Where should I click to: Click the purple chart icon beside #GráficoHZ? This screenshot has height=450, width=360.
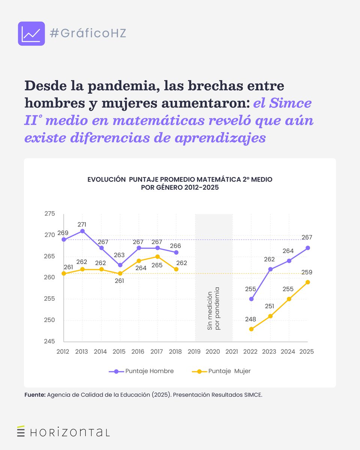(31, 34)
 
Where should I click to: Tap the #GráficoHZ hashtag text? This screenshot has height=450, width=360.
(88, 33)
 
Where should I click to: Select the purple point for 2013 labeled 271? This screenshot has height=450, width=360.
(82, 231)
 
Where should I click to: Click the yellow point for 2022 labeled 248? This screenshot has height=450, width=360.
(251, 329)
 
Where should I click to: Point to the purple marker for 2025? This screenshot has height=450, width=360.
(307, 248)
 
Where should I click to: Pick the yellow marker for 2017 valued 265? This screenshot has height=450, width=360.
(157, 256)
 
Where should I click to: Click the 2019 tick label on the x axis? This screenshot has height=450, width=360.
(194, 352)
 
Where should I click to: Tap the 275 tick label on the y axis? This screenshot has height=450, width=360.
(49, 214)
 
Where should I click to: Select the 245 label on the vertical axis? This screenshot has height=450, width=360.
(49, 342)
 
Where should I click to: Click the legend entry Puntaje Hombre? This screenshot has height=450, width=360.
(141, 371)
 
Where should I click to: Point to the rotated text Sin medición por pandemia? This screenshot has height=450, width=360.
(213, 309)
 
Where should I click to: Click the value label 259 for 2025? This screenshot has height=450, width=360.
(307, 273)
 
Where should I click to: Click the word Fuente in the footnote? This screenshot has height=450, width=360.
(35, 395)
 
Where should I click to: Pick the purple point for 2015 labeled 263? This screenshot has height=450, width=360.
(120, 265)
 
